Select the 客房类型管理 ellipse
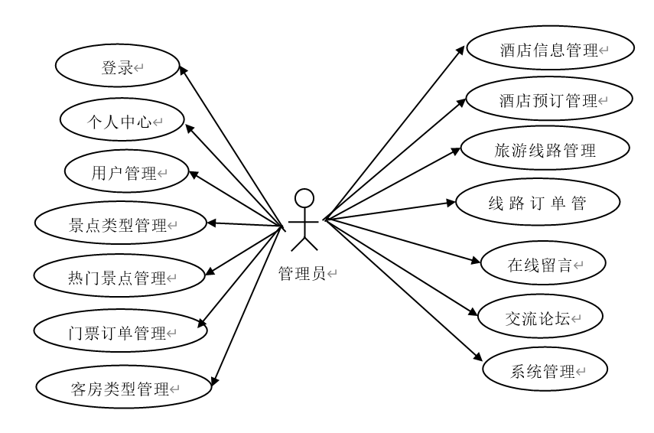click(122, 388)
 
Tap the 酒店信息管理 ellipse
click(550, 50)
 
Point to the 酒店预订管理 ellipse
click(550, 100)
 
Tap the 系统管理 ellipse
click(545, 372)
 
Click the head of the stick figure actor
click(305, 197)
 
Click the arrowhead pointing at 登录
click(184, 70)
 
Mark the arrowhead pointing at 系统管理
click(480, 357)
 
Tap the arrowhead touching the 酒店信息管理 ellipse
click(461, 50)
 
